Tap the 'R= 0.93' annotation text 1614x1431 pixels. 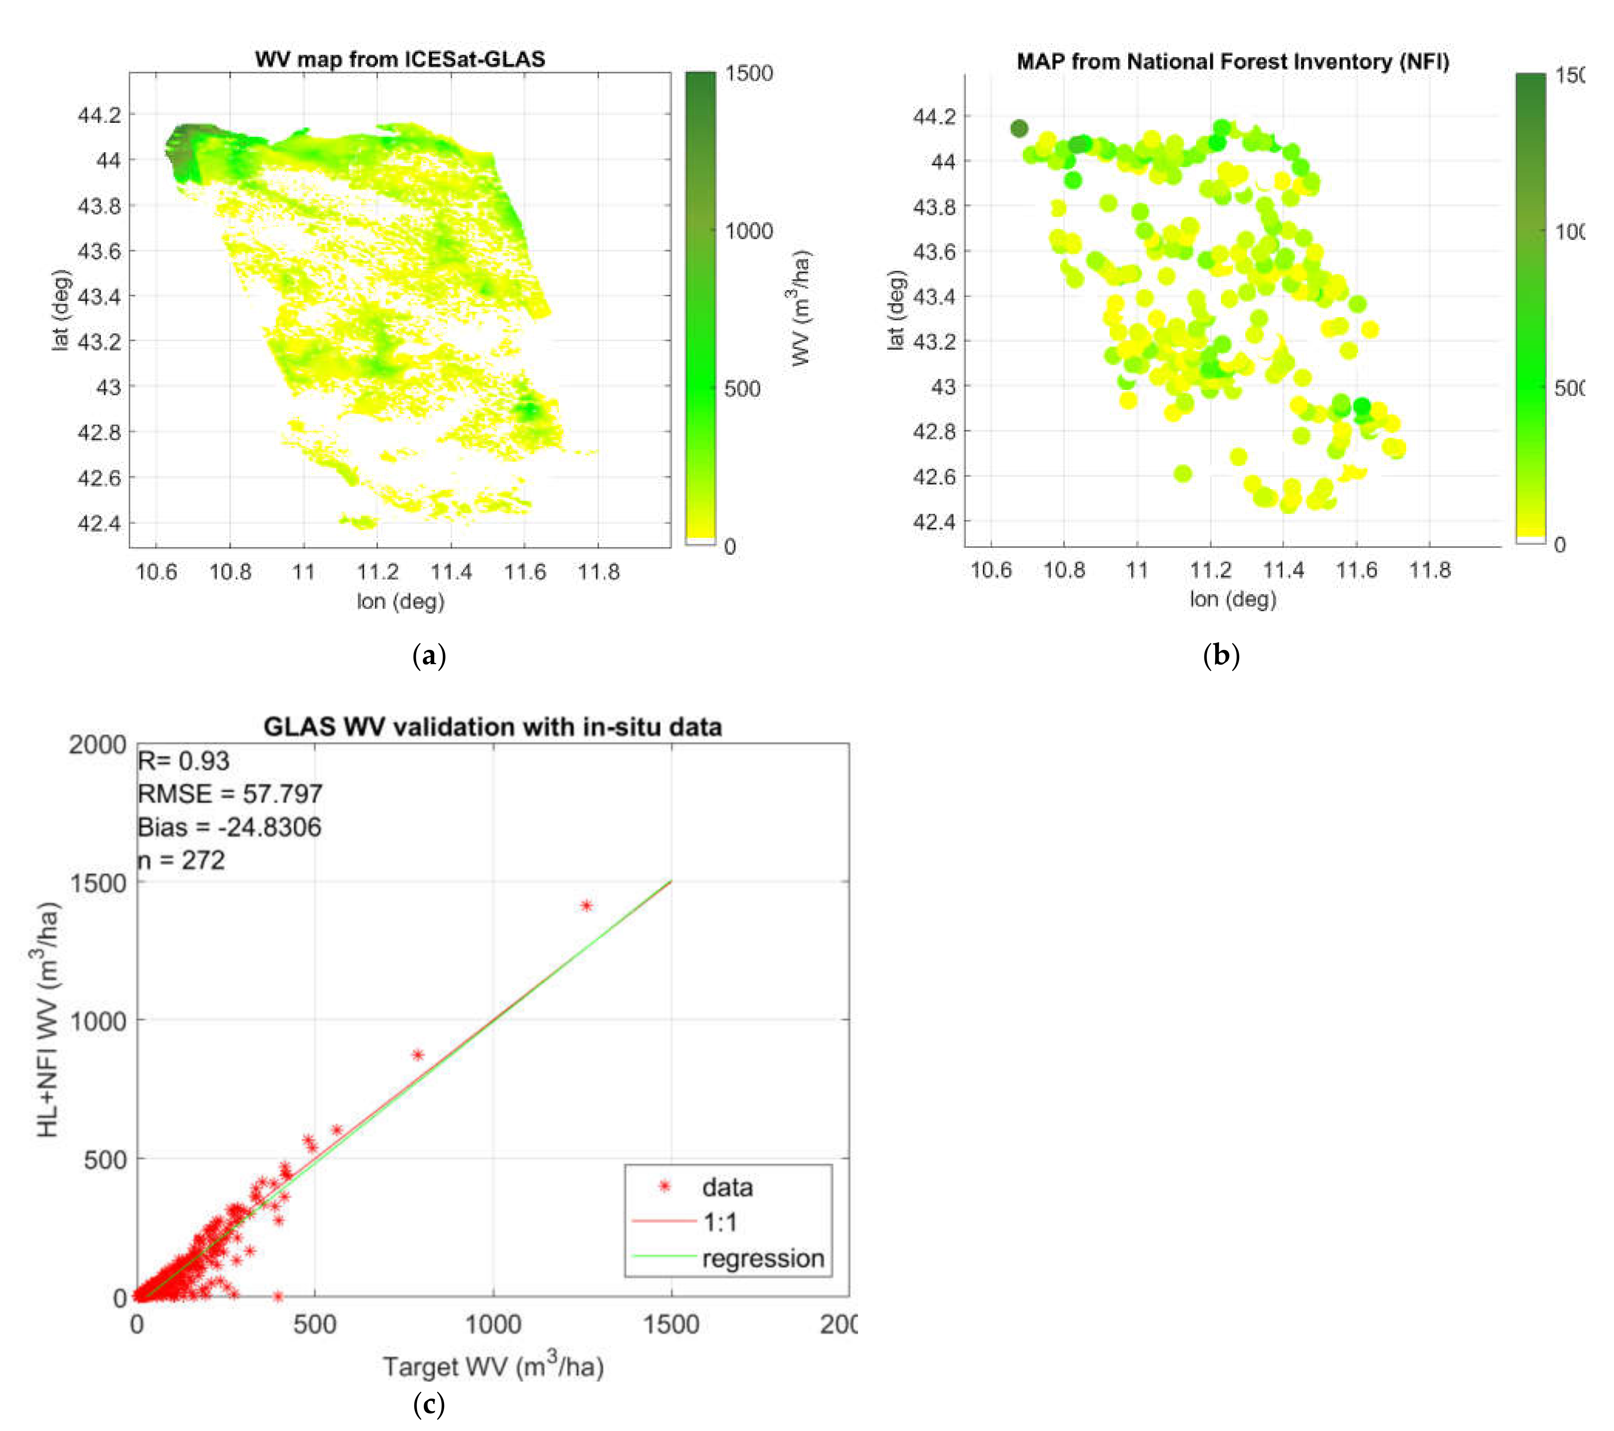pos(183,761)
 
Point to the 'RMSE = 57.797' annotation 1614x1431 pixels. pos(230,794)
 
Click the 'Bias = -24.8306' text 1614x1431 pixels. pos(229,827)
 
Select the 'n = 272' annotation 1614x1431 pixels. pos(182,860)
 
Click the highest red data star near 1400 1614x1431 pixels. pos(586,905)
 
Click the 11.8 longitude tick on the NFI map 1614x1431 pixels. pos(1429,570)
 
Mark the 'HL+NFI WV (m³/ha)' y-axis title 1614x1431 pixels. pos(48,1019)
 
